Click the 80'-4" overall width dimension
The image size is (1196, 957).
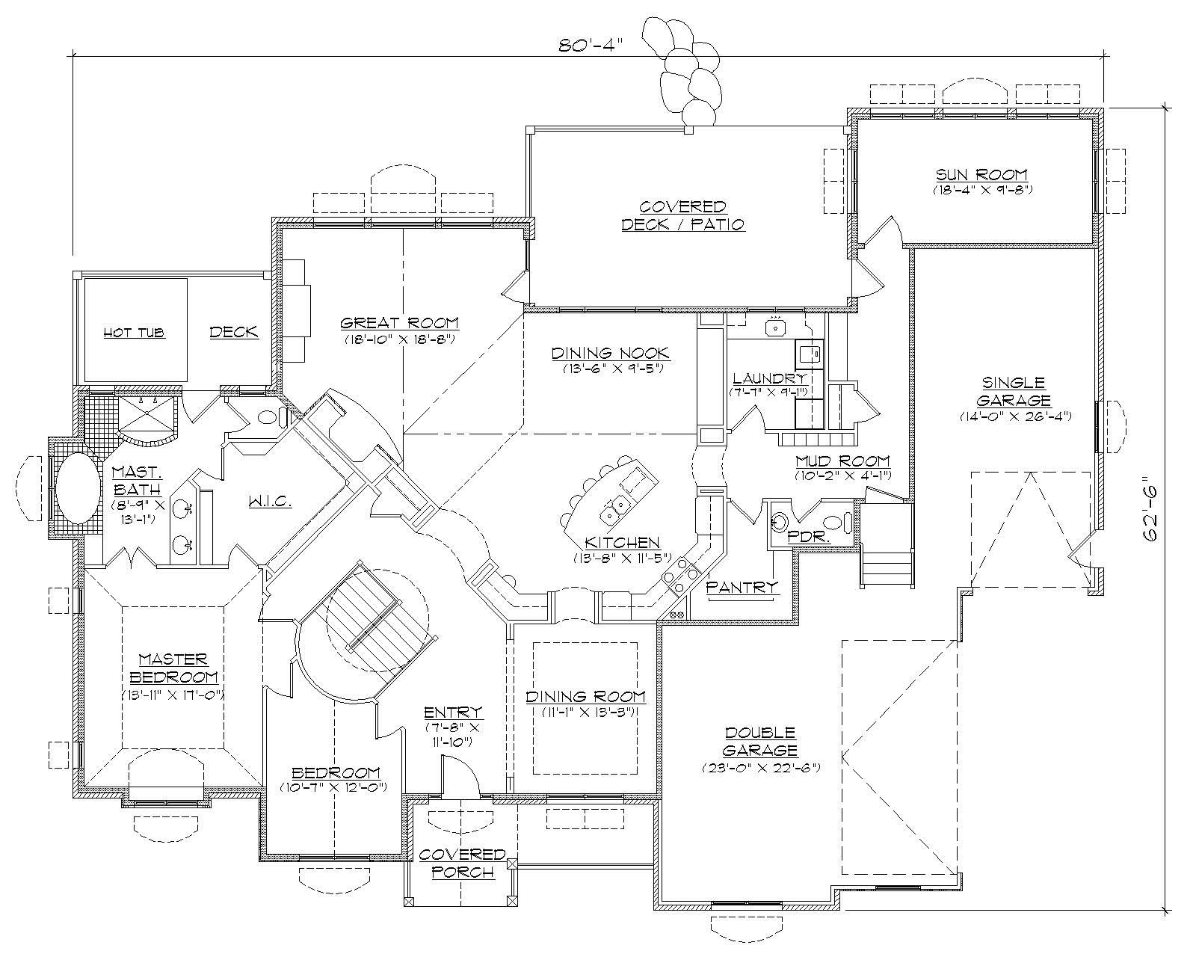click(591, 44)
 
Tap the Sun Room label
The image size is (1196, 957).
click(981, 175)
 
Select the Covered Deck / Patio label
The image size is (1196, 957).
click(682, 215)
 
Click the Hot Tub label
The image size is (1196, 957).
click(134, 333)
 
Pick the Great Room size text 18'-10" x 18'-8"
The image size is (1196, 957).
click(399, 339)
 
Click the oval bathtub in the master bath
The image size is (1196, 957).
click(78, 489)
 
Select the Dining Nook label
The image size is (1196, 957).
click(611, 353)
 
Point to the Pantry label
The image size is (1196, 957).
click(742, 588)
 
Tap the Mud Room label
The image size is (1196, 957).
click(842, 461)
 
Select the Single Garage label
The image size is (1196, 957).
click(1014, 391)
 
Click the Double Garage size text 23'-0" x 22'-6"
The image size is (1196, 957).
click(760, 768)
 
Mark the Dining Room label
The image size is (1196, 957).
click(585, 697)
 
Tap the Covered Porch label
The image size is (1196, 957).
click(462, 862)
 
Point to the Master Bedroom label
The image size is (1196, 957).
click(173, 668)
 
